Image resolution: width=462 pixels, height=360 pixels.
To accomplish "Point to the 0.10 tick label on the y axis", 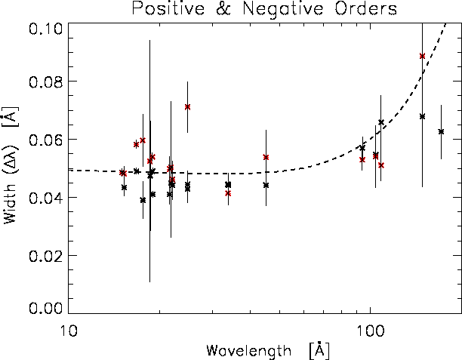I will (45, 29).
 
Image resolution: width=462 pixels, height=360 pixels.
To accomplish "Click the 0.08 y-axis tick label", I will (45, 82).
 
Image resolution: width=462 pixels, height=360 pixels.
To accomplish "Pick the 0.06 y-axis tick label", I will (45, 140).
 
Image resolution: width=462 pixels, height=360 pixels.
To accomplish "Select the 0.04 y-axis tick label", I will (45, 198).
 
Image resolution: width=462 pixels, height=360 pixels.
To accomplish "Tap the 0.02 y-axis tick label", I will (45, 256).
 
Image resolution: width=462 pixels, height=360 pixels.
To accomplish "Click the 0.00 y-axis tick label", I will (45, 308).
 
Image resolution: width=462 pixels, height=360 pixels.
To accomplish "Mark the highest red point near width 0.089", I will (422, 56).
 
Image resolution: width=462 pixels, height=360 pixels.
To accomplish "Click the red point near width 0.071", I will (187, 106).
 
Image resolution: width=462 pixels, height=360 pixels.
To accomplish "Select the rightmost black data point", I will (441, 131).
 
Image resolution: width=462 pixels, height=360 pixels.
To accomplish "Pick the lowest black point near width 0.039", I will (143, 200).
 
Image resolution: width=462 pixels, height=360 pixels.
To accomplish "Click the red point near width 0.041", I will (228, 193).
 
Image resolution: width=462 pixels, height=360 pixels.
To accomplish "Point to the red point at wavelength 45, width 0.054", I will (266, 157).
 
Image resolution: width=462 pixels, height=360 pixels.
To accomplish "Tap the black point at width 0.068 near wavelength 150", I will (422, 116).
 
